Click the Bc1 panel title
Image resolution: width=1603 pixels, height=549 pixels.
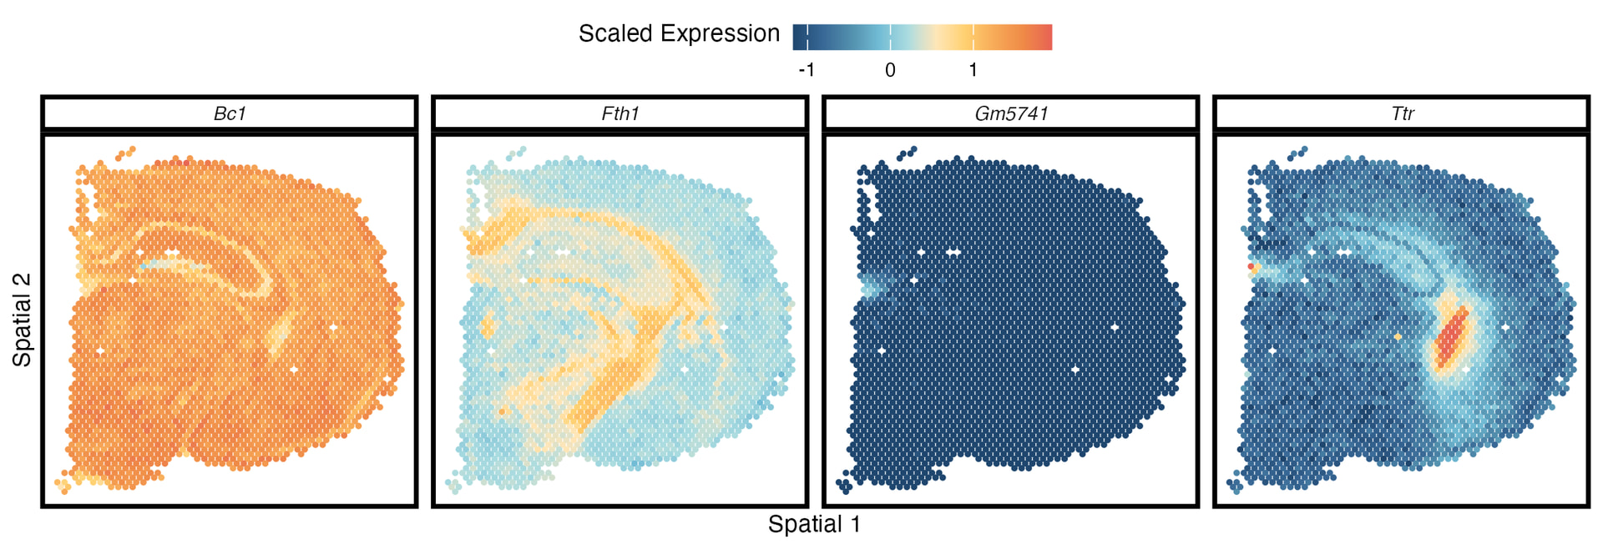pos(230,113)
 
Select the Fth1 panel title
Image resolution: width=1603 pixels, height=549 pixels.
pos(620,113)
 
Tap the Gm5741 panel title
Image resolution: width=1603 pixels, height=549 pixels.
pos(1011,113)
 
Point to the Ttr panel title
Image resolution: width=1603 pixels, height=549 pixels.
pos(1402,113)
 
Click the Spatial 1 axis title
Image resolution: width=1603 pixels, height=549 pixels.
pos(814,524)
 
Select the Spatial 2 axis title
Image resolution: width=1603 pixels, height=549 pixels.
pos(22,320)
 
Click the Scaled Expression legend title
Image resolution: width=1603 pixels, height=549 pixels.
pos(679,33)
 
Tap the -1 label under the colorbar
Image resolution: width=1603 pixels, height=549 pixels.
pos(806,70)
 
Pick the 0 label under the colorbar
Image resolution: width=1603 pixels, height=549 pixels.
pos(890,70)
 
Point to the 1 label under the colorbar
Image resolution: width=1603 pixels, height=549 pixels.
pos(973,70)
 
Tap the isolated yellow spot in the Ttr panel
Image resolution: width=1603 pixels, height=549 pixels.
pos(1398,337)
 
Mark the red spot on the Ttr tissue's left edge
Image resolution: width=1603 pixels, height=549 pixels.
pos(1251,266)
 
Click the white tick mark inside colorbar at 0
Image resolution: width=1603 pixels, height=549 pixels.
pos(890,37)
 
